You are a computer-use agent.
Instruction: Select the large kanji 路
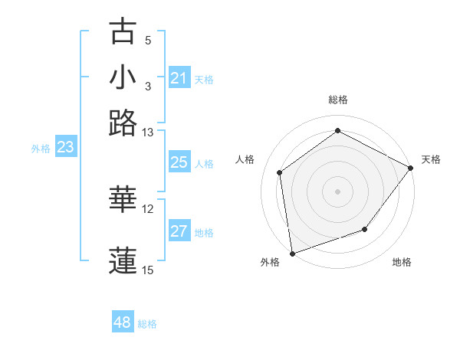coord(123,123)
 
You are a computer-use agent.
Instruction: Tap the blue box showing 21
coord(179,78)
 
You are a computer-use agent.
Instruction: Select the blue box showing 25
coord(179,162)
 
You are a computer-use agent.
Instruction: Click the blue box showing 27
coord(179,231)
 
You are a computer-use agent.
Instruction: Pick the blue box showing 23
coord(65,148)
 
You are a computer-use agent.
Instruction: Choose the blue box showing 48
coord(123,322)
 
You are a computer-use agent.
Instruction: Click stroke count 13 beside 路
coord(148,133)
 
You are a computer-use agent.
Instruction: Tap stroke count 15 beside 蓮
coord(148,270)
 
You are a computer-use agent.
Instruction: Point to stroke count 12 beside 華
coord(148,209)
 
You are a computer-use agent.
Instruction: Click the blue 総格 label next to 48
coord(147,324)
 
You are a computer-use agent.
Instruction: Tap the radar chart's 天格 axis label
coord(431,159)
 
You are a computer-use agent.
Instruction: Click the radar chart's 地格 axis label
coord(402,263)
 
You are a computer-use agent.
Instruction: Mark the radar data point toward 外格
coord(292,253)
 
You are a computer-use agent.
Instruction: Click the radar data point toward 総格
coord(337,131)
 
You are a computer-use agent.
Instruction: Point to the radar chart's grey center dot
coord(337,191)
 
